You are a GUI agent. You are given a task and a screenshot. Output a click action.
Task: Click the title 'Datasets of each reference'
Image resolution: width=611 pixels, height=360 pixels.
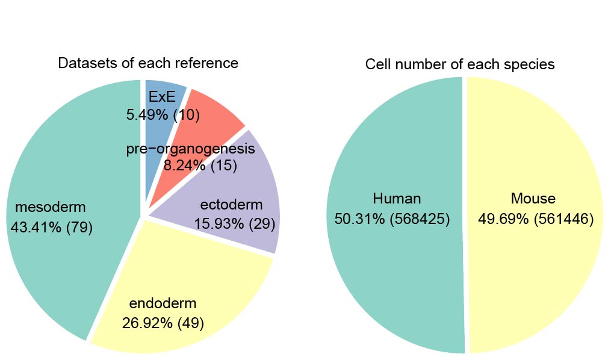click(x=148, y=63)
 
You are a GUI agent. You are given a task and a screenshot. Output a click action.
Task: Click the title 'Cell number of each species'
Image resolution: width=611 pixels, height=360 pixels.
click(x=460, y=64)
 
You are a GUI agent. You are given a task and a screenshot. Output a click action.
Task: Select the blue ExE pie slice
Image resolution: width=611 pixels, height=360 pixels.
click(x=175, y=90)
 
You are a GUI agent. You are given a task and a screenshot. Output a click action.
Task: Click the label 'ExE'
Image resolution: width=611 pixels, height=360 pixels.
click(x=161, y=98)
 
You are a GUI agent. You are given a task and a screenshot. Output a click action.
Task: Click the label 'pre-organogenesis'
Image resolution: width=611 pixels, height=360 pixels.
click(x=191, y=149)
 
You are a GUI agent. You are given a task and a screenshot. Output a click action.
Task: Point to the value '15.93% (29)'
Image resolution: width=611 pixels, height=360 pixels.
click(x=234, y=223)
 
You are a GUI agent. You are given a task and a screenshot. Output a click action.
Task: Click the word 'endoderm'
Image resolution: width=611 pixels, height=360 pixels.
click(x=163, y=304)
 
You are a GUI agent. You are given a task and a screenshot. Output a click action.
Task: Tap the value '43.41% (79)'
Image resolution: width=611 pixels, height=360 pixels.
click(x=52, y=228)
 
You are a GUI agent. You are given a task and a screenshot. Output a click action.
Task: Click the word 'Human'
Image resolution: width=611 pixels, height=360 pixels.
click(x=397, y=199)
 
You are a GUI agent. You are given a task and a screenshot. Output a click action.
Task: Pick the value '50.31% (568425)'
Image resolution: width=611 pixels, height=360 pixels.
click(x=392, y=219)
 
